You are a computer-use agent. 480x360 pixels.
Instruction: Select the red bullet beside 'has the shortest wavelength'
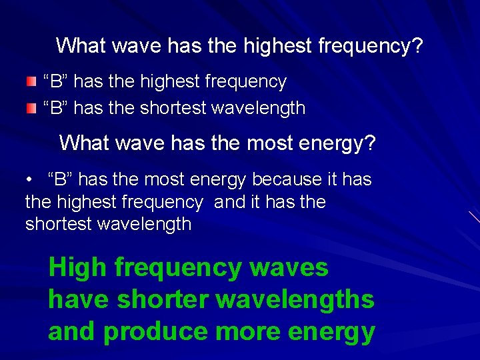tap(31, 107)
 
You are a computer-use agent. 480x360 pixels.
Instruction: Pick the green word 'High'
tap(77, 268)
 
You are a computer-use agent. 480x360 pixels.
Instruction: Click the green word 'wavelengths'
tap(295, 300)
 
